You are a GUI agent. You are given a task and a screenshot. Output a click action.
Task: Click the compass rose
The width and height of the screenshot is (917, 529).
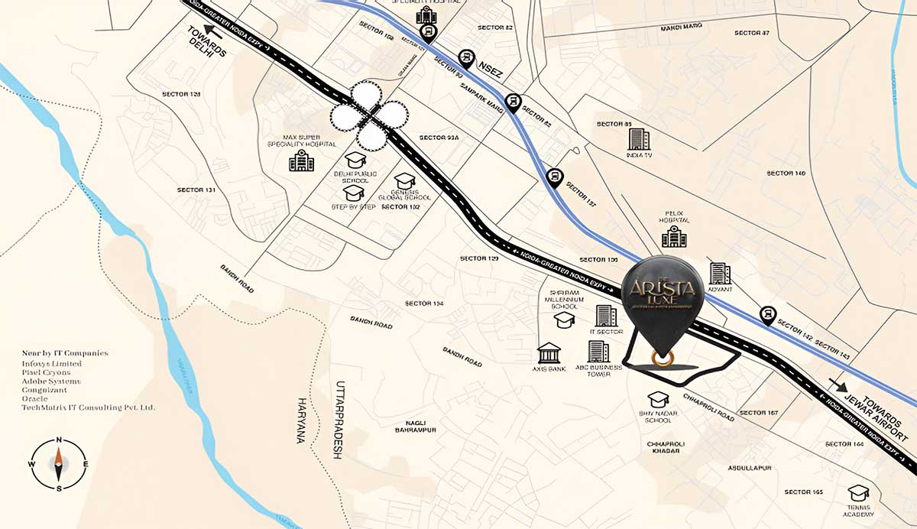(x=59, y=464)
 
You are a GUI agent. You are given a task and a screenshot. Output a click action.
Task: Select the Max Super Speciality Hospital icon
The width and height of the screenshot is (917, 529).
(x=301, y=161)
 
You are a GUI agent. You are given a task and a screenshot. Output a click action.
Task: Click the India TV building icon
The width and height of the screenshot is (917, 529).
(x=639, y=139)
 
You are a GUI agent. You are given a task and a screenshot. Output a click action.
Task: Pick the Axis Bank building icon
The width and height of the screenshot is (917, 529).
(x=549, y=352)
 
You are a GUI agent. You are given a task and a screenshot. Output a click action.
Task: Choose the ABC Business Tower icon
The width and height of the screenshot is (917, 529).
(x=598, y=352)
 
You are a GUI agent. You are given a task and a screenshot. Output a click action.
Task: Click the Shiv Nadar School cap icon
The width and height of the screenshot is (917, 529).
(x=659, y=400)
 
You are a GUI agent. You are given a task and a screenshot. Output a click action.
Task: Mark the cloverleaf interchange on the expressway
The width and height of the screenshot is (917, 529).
(x=370, y=116)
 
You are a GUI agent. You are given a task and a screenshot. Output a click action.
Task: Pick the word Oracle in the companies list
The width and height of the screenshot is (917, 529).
(x=35, y=399)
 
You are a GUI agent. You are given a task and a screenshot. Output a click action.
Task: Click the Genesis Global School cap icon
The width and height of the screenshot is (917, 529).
(x=404, y=180)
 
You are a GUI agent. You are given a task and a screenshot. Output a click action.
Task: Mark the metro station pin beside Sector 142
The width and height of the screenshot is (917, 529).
(x=767, y=313)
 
